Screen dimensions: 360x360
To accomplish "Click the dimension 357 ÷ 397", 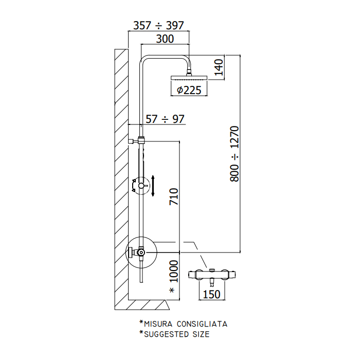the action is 158,26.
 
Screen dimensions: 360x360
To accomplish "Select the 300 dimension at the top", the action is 165,39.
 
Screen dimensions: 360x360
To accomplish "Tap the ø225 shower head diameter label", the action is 189,90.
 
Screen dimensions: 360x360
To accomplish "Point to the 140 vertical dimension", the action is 219,67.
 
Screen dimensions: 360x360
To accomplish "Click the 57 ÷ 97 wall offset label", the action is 165,119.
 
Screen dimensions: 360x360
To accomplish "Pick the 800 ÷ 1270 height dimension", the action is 235,154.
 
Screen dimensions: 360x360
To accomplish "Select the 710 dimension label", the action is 174,196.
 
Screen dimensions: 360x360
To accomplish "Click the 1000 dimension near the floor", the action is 174,271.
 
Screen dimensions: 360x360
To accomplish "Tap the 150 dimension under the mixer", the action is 212,294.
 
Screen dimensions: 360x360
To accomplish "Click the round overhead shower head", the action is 189,78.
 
